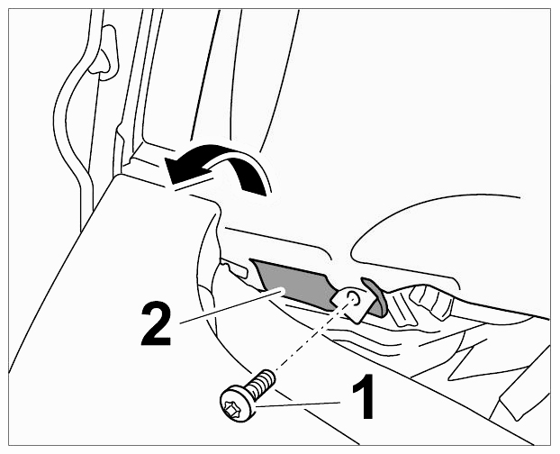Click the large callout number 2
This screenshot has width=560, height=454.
pos(156,324)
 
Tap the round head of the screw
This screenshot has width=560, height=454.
pos(238,404)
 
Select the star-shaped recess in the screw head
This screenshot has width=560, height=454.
pos(232,407)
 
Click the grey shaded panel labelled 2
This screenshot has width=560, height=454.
pos(293,284)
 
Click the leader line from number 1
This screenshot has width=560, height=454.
pos(298,404)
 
